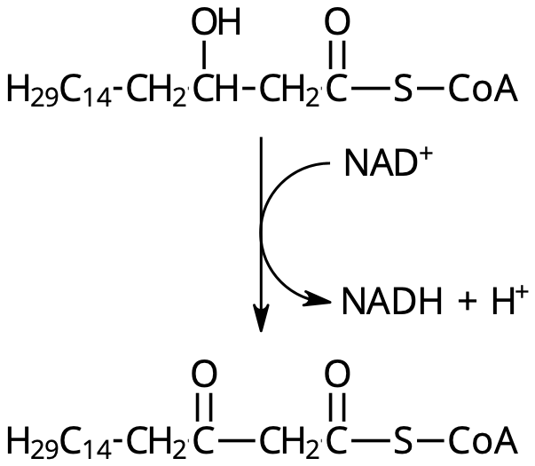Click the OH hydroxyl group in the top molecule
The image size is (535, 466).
click(x=216, y=22)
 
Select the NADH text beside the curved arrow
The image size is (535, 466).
click(x=391, y=301)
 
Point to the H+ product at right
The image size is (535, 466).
click(x=510, y=300)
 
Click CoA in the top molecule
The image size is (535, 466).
click(x=483, y=89)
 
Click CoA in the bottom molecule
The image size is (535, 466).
click(x=483, y=439)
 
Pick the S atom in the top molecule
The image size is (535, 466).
click(x=403, y=89)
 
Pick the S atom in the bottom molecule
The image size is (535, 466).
click(x=403, y=439)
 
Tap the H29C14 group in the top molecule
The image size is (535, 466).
click(x=59, y=91)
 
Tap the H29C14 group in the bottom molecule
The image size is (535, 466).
click(x=59, y=442)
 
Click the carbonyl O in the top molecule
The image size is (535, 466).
click(x=337, y=22)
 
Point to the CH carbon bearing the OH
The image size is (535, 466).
click(x=216, y=89)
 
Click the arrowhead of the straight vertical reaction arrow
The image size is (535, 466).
click(x=261, y=318)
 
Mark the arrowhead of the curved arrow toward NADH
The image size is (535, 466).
click(x=318, y=299)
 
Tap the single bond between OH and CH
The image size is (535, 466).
click(x=204, y=55)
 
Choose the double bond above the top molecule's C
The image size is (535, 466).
click(x=337, y=55)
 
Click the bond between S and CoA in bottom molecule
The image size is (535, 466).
click(x=430, y=439)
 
